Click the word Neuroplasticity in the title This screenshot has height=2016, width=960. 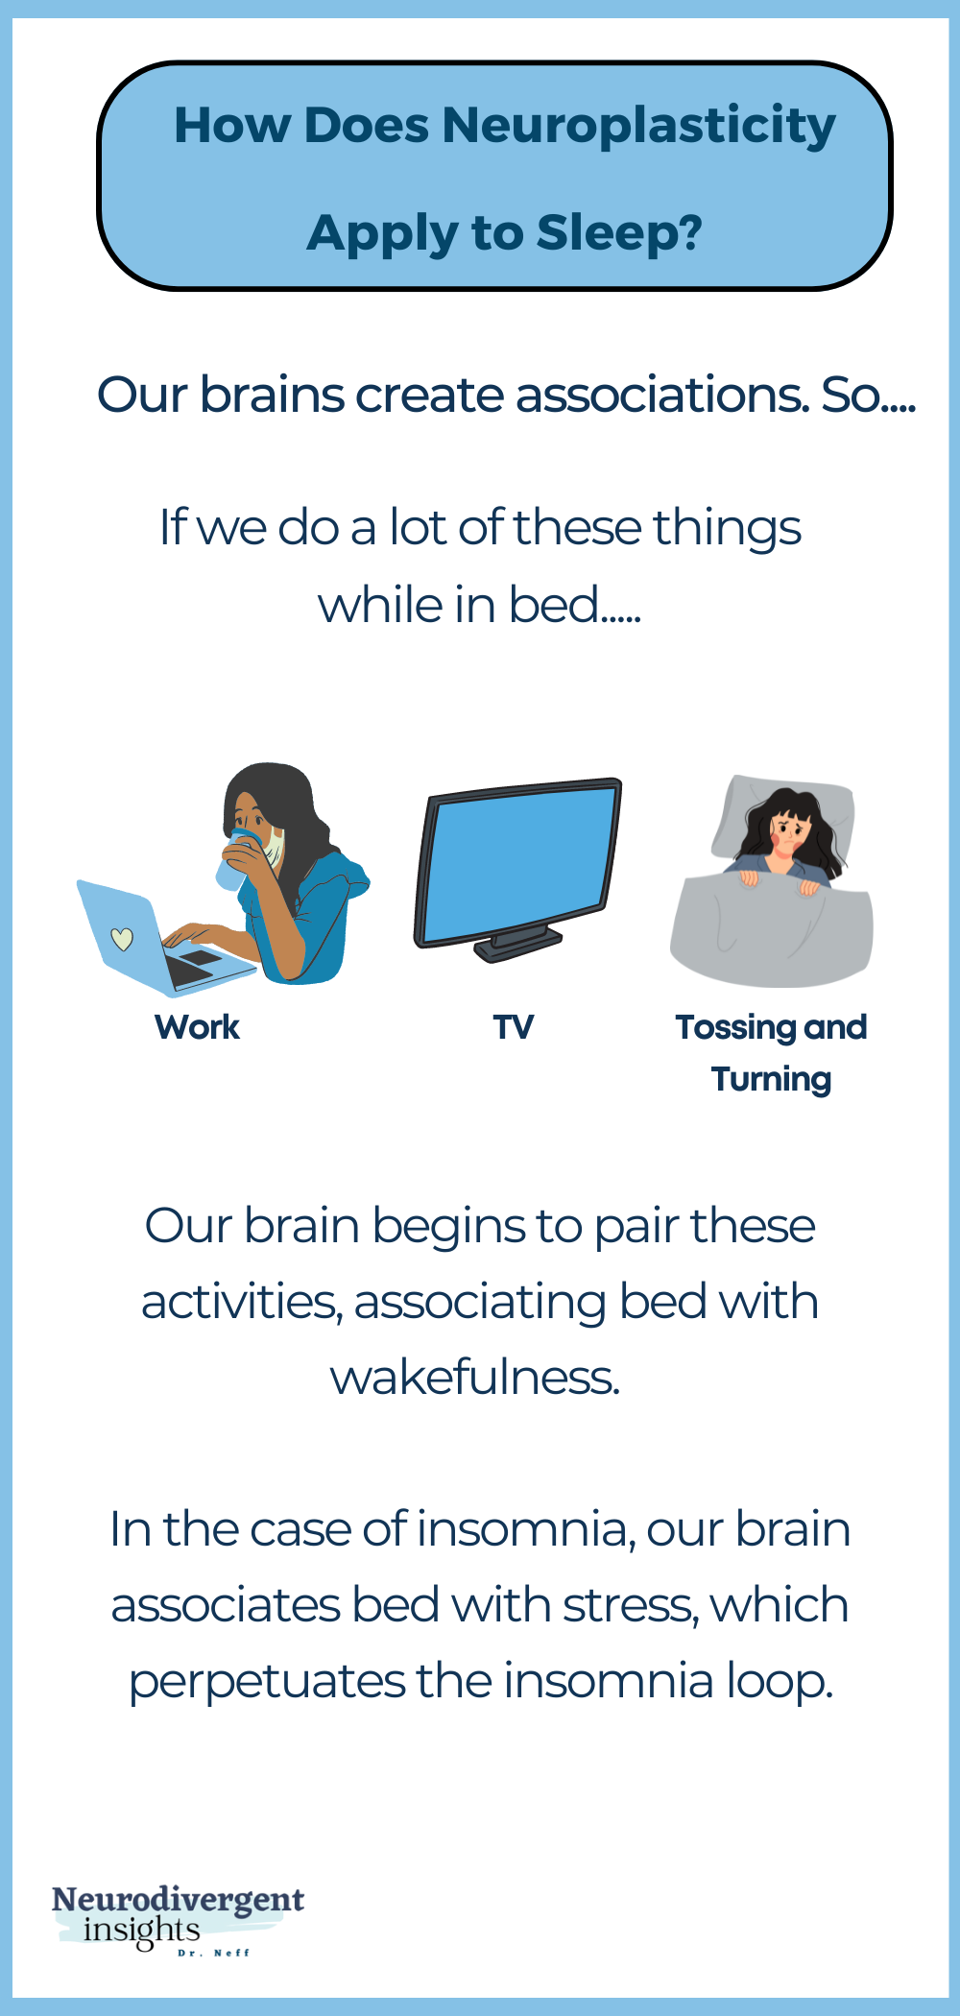pos(638,127)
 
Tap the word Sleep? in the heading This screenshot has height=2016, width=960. pos(619,233)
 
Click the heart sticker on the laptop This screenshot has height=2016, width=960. pos(122,938)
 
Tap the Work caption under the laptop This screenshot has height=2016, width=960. pos(197,1027)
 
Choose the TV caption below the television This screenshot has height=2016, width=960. pos(514,1027)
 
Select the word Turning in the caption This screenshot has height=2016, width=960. pos(771,1079)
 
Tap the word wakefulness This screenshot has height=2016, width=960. pos(475,1378)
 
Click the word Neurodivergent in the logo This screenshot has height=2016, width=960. pos(178,1899)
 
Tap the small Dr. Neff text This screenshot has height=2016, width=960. pos(213,1953)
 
